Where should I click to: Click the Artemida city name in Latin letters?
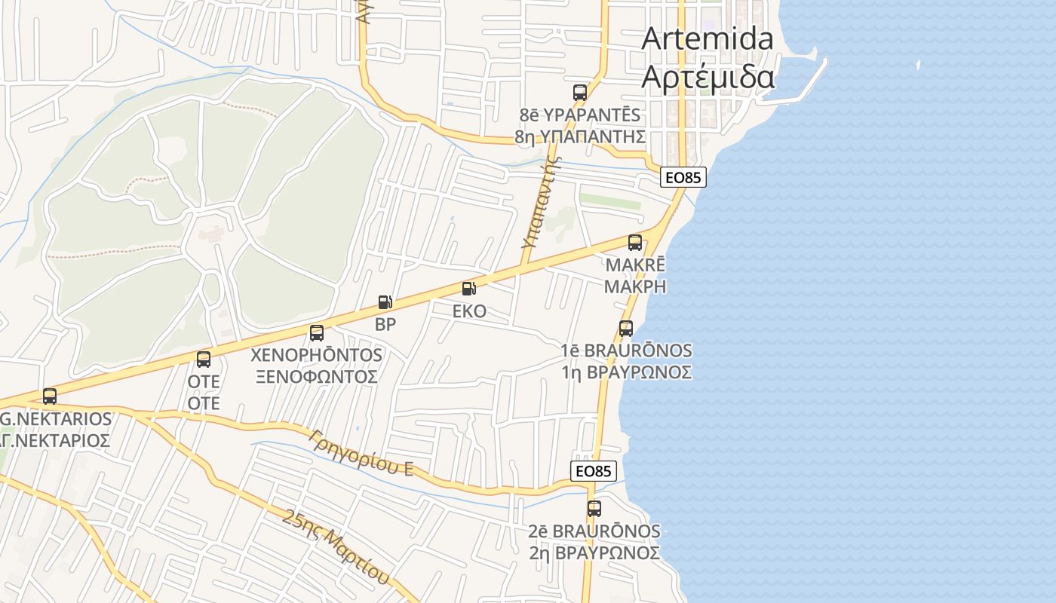(x=707, y=39)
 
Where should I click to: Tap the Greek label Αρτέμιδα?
(x=707, y=76)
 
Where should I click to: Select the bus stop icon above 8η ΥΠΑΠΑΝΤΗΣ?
(x=579, y=93)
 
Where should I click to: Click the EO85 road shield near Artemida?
(x=683, y=178)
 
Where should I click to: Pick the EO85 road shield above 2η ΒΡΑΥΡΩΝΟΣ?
(x=594, y=471)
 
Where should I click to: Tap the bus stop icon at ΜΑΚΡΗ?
(x=635, y=243)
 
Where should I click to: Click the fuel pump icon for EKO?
(x=468, y=289)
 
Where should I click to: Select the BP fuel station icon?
(x=385, y=303)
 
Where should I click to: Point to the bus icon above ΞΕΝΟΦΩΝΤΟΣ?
(x=317, y=332)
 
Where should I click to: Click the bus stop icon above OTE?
(x=204, y=360)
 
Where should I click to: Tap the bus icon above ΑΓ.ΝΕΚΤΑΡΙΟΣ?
(x=50, y=396)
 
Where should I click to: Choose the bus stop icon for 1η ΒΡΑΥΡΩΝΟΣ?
(x=625, y=329)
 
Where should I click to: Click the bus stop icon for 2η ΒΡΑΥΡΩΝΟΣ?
(x=594, y=509)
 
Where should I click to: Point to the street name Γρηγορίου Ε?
(x=361, y=452)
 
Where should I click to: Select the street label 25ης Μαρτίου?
(x=337, y=546)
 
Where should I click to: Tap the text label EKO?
(x=469, y=311)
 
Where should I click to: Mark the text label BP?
(x=385, y=325)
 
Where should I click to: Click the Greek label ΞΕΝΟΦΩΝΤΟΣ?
(x=316, y=375)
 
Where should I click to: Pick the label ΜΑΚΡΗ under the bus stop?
(x=635, y=286)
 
